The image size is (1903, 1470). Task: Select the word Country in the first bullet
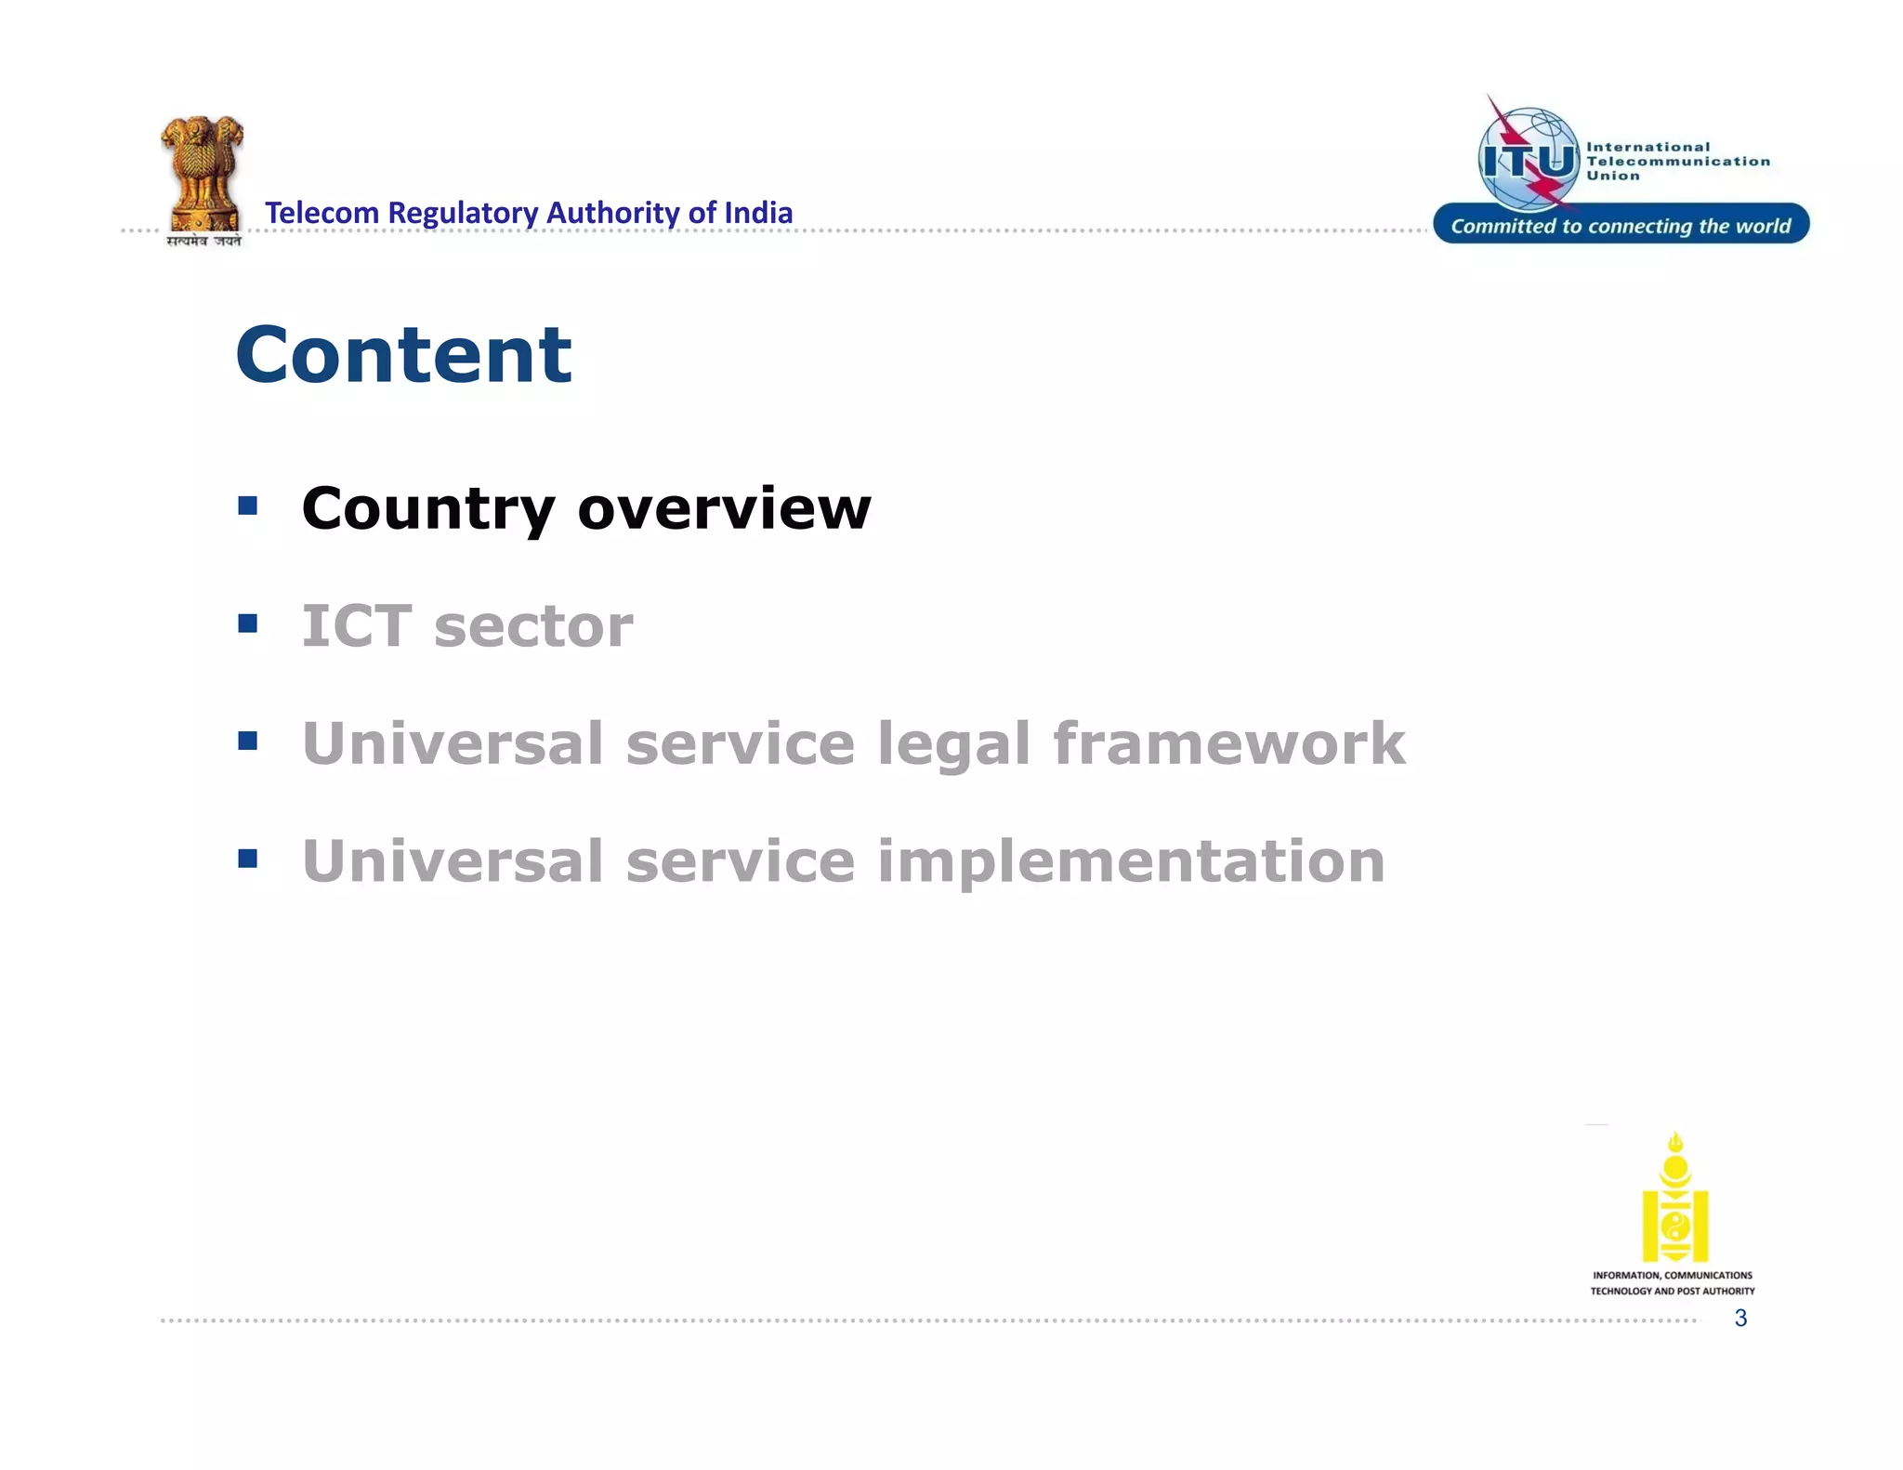(x=428, y=509)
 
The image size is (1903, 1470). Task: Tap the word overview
(x=724, y=509)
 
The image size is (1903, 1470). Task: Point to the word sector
(x=533, y=626)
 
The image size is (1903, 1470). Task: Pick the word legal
(x=953, y=744)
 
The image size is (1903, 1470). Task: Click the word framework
(x=1228, y=743)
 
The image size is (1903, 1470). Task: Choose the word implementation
(x=1130, y=861)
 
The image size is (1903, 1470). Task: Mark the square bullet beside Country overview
(x=247, y=505)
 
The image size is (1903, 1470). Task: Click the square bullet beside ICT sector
(x=247, y=623)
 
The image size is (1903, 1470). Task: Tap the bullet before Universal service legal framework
(x=247, y=741)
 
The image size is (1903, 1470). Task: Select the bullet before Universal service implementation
(x=247, y=858)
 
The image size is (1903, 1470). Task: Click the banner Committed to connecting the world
(x=1621, y=225)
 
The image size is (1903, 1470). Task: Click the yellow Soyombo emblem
(x=1674, y=1198)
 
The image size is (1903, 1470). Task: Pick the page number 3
(x=1740, y=1318)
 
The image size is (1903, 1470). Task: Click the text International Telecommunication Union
(x=1676, y=161)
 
